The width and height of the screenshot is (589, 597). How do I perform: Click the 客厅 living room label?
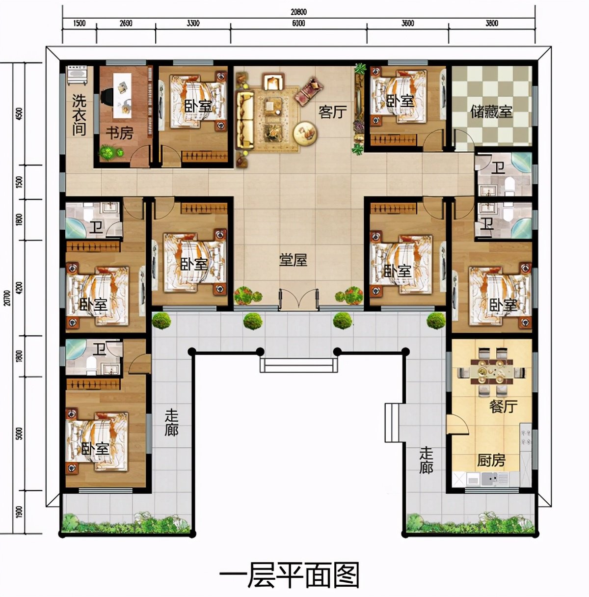(x=332, y=112)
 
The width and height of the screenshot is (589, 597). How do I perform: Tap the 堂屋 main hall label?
(x=293, y=260)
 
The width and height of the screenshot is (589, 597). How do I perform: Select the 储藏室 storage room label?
(x=491, y=111)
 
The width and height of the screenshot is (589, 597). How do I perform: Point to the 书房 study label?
(x=119, y=133)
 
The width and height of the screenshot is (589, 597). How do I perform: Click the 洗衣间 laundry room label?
(x=79, y=115)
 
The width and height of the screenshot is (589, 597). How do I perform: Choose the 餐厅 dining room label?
(x=503, y=407)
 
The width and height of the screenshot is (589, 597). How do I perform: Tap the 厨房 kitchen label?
(x=491, y=460)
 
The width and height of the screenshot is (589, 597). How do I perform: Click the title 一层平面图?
(x=289, y=575)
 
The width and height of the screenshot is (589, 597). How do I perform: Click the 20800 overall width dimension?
(x=298, y=12)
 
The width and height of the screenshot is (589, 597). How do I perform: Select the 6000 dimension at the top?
(x=298, y=24)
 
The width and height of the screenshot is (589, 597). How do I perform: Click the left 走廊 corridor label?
(x=171, y=423)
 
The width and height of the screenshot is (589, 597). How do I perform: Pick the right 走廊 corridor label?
(x=426, y=460)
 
